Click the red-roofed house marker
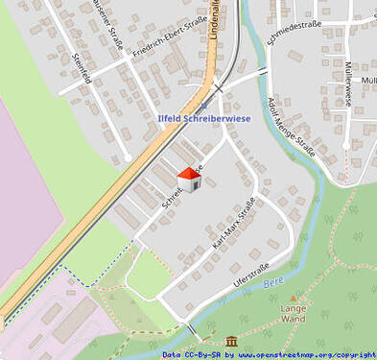[189, 180]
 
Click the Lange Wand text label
[294, 313]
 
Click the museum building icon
[232, 341]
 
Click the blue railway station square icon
[202, 106]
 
